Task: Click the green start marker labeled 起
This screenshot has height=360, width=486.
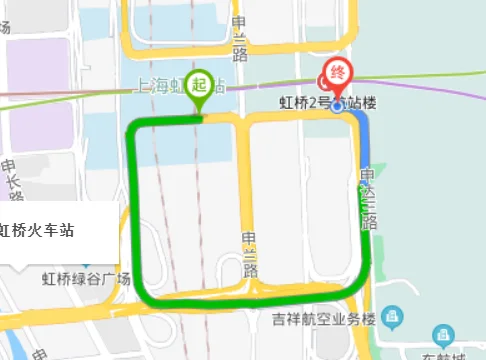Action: [x=200, y=84]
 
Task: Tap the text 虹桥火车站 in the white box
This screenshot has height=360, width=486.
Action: [x=38, y=231]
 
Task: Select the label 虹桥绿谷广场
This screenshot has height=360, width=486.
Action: [x=86, y=279]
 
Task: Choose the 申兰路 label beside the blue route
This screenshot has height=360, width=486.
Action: [x=368, y=196]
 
